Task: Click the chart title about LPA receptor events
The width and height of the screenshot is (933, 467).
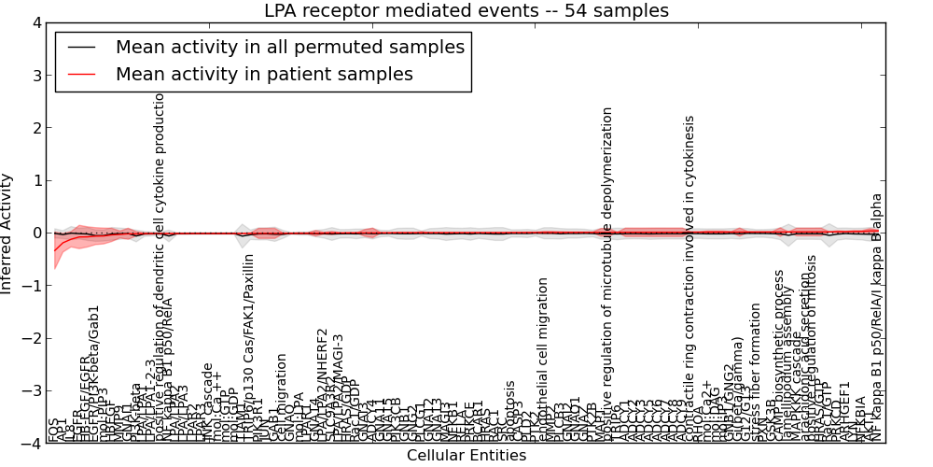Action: point(466,11)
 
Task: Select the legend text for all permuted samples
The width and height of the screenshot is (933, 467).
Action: point(289,47)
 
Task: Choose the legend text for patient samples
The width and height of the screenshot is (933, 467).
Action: point(264,74)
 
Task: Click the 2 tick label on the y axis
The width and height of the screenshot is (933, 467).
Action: point(35,128)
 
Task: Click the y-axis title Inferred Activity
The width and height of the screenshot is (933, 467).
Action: point(8,233)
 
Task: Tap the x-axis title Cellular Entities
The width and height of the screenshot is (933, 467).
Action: point(466,456)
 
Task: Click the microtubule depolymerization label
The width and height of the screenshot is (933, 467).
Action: point(608,271)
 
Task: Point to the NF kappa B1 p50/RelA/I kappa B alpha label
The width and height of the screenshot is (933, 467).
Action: point(876,318)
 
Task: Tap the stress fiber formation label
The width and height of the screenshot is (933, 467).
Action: point(756,383)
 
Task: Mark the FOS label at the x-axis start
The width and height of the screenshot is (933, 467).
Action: point(52,431)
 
